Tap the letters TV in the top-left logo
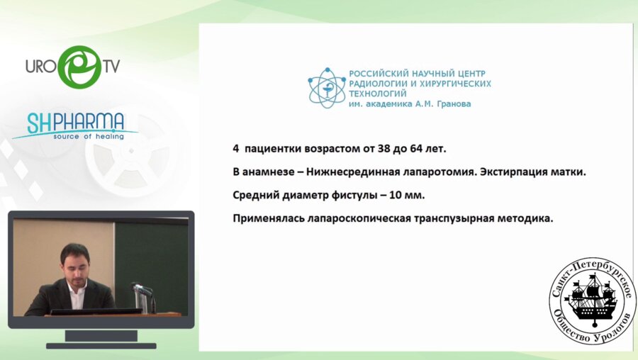click(111, 67)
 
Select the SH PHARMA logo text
click(76, 123)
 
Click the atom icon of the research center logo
click(325, 88)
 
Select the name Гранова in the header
click(452, 103)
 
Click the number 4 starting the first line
click(236, 150)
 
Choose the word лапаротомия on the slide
click(435, 173)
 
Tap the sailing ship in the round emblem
click(593, 300)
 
